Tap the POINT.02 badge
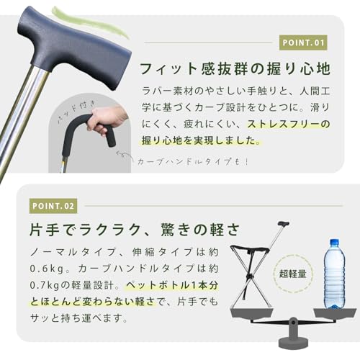(53, 207)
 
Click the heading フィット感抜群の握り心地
(235, 69)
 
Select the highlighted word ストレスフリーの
(288, 125)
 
